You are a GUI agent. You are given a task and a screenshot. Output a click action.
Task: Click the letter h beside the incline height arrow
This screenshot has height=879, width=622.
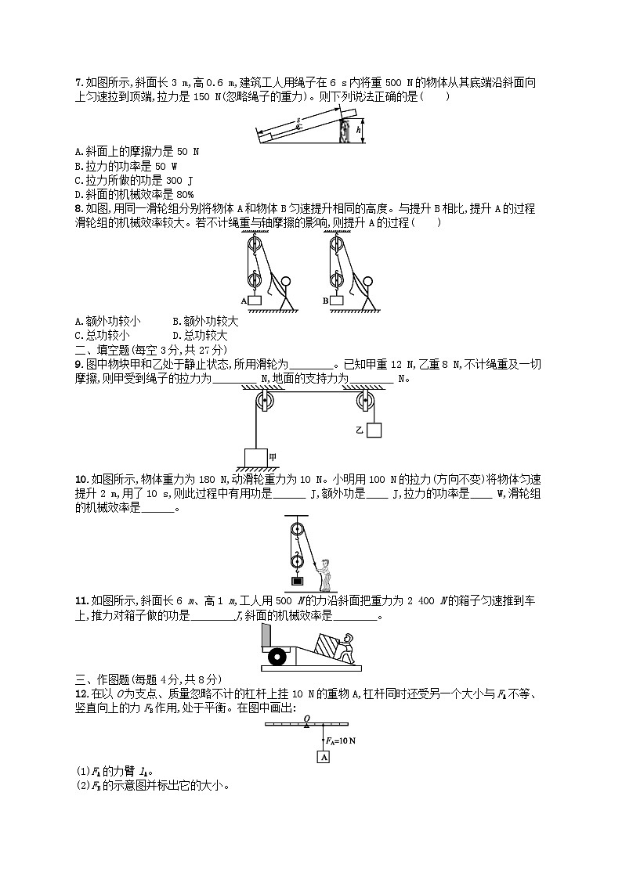coord(358,131)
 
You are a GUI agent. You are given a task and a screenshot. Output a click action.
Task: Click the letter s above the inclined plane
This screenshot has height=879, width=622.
coord(298,121)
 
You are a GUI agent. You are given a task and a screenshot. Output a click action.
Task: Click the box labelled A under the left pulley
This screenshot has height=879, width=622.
coord(255,301)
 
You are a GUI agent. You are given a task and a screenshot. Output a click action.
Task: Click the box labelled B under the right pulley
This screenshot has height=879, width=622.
coord(337,301)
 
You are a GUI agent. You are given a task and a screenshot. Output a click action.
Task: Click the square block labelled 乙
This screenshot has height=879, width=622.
coord(374,430)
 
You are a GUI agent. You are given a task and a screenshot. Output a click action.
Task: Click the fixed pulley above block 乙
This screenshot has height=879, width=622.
coord(364,402)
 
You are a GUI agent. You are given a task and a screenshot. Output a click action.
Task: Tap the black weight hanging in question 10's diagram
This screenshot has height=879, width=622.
coord(297,580)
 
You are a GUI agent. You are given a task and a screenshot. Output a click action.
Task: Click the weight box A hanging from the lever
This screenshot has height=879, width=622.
coord(324,757)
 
